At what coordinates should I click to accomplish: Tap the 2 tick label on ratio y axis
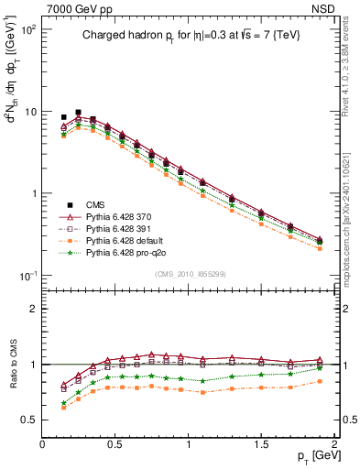coord(33,309)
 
